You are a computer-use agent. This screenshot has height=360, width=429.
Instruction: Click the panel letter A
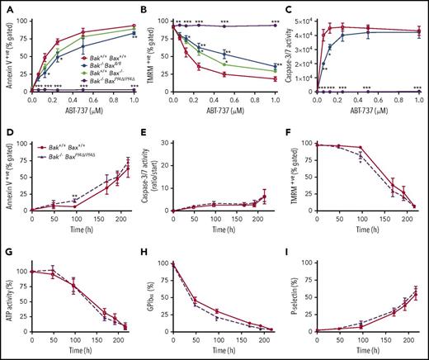tap(6, 7)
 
